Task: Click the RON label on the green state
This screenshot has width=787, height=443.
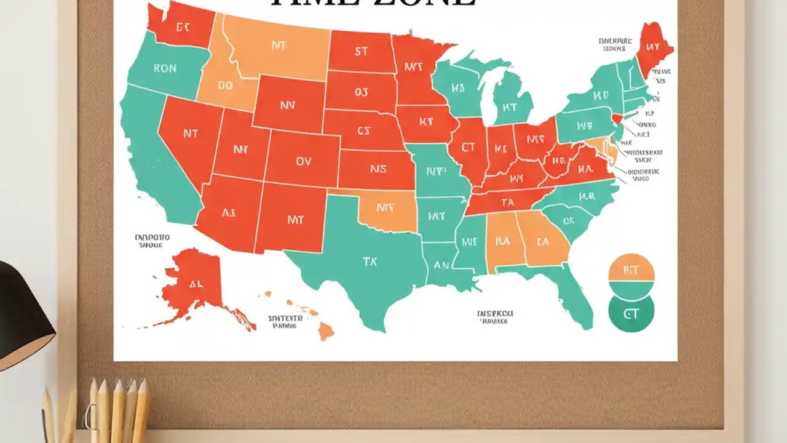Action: [x=164, y=69]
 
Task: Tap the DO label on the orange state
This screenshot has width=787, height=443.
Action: [x=225, y=86]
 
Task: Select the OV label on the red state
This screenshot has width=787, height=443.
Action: [x=303, y=161]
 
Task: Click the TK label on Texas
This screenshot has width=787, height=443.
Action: [x=370, y=261]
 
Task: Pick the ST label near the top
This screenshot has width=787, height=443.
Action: [x=361, y=52]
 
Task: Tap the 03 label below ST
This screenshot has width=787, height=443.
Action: [x=362, y=93]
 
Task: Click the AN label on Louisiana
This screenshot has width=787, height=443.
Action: [x=441, y=265]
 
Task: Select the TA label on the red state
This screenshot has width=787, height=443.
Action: [x=507, y=202]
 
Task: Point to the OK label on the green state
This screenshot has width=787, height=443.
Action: [x=568, y=220]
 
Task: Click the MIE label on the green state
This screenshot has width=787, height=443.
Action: [x=469, y=242]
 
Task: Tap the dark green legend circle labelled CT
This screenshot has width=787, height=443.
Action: [x=631, y=314]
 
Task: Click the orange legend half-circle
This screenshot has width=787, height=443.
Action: [x=631, y=268]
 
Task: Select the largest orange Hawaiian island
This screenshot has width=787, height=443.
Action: [x=326, y=332]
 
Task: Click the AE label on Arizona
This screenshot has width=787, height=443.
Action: [x=228, y=213]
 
